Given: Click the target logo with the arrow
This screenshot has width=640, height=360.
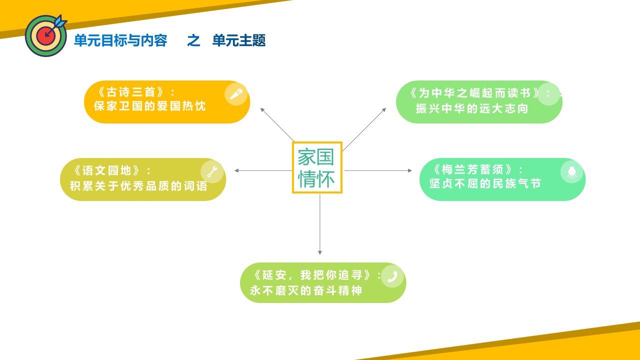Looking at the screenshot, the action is pos(45,35).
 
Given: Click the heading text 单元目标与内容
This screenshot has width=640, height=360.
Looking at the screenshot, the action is pos(120,40).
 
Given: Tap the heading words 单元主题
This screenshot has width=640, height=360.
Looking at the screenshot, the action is pos(239,40).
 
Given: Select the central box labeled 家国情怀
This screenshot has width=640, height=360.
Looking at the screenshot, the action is pos(317,167).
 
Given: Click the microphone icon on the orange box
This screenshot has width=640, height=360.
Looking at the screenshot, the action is pos(236,94).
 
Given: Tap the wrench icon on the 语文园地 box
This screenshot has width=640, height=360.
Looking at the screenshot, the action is pos(212,171).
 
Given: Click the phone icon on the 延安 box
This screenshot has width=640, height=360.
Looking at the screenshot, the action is pos(392,276).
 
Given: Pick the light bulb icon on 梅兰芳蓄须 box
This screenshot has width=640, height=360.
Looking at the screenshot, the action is pos(571,171).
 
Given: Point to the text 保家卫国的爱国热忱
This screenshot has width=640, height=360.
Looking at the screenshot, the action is pos(149,106).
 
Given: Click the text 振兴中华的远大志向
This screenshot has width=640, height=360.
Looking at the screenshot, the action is pos(471,108).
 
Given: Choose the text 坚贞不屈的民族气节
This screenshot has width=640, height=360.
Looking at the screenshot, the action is pos(485,183).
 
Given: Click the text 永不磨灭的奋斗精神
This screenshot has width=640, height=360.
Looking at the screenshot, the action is pos(306,290).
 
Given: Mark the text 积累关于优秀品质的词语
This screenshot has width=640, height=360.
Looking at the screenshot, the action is pos(138,186).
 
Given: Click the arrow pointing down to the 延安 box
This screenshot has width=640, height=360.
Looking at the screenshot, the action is pos(319,224).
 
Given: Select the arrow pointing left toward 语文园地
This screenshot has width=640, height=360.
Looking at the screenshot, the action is pos(263,170).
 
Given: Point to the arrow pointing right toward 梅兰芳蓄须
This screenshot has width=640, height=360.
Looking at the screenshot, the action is pos(378,170).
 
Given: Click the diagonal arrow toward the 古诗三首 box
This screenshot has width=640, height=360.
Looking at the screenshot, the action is pos(277,124).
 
